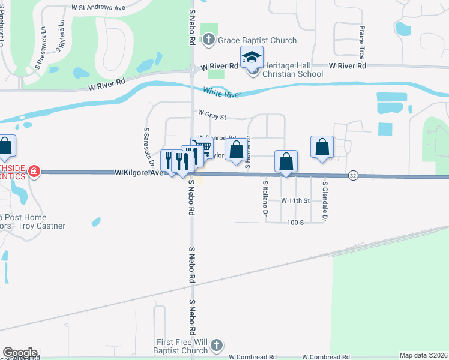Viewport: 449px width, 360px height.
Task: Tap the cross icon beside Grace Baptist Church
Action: tap(208, 40)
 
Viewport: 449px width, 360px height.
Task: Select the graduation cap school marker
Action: tap(252, 58)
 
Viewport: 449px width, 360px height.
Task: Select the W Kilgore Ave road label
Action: tap(139, 173)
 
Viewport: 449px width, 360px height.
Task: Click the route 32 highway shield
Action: tap(353, 175)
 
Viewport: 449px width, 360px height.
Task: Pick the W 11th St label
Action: tap(295, 200)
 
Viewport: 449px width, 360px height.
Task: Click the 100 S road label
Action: tap(295, 223)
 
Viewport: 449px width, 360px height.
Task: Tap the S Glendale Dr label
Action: tap(324, 202)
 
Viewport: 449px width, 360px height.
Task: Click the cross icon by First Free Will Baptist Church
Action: tap(216, 346)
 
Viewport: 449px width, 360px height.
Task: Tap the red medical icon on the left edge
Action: tap(34, 172)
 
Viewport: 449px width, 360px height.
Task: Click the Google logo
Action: tap(20, 353)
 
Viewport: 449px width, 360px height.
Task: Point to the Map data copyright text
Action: tap(423, 355)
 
